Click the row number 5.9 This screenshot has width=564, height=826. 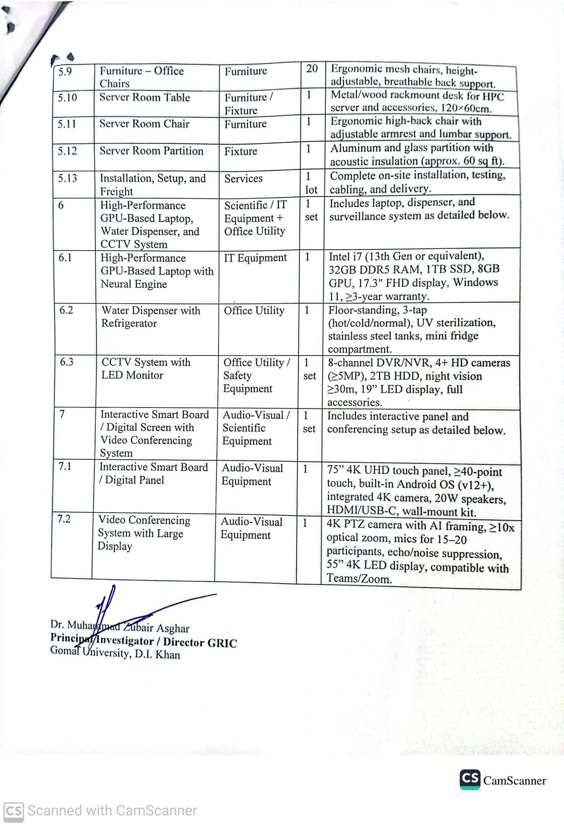[65, 72]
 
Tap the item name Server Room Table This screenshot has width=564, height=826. [144, 97]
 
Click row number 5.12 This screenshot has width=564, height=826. [67, 151]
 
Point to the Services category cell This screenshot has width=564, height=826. [243, 178]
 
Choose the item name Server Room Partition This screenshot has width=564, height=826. [151, 151]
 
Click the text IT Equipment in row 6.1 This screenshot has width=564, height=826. [255, 258]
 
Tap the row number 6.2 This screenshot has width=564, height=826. [66, 310]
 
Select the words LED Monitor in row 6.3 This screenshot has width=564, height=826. [132, 375]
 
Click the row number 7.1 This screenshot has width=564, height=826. [65, 466]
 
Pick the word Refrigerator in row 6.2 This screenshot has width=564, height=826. [129, 323]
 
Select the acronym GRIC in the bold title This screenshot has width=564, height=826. [222, 643]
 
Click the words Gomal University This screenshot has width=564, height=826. [90, 652]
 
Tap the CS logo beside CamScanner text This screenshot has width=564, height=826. [470, 780]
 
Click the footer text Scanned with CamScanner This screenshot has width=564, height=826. [112, 811]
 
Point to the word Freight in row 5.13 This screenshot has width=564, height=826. [116, 192]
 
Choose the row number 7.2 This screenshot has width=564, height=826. [64, 519]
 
